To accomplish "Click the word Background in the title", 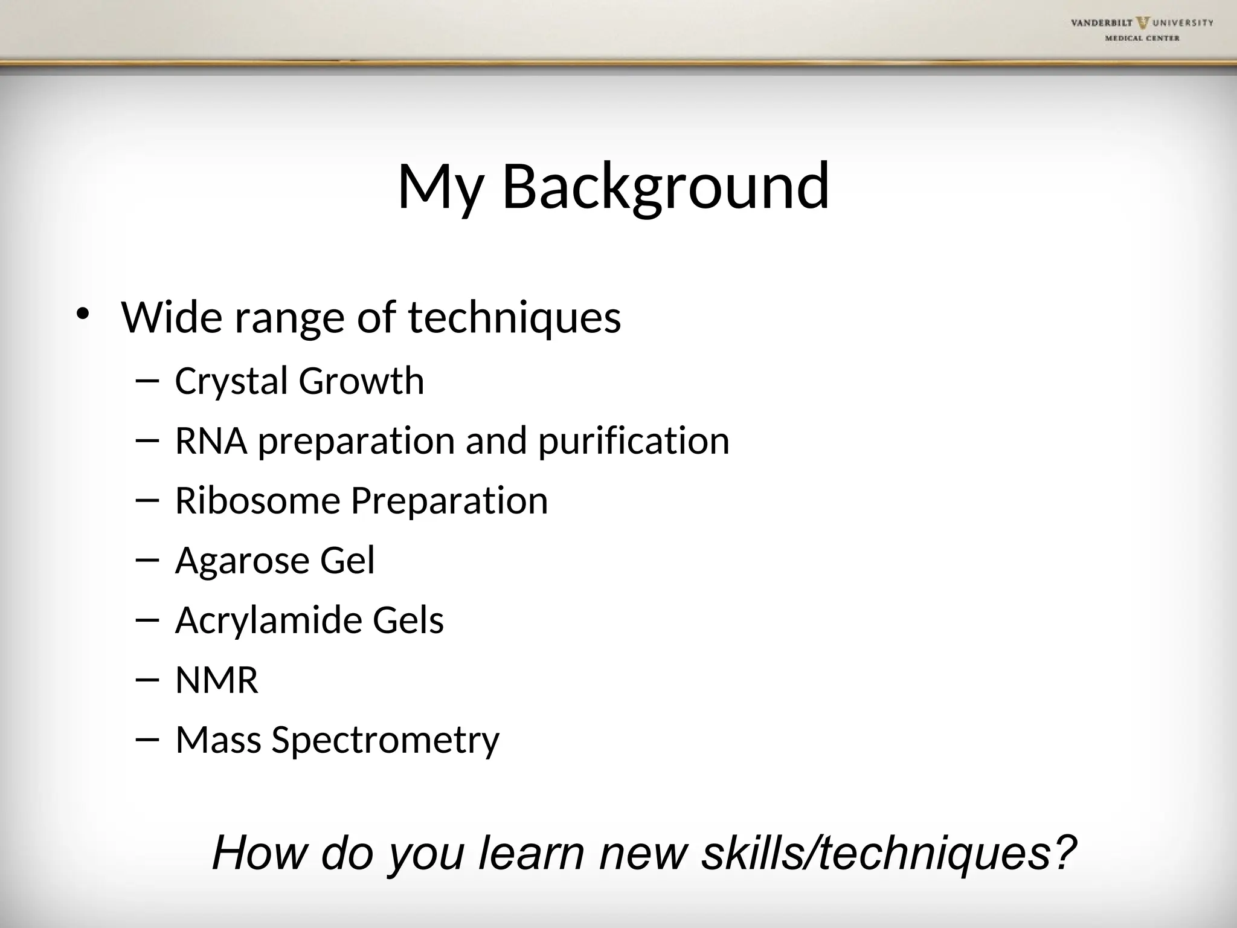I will (666, 187).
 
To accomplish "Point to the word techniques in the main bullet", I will (515, 318).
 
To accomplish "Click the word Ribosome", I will (257, 500).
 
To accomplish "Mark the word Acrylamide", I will (268, 621).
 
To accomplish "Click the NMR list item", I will (216, 680).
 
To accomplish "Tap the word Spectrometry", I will (385, 741).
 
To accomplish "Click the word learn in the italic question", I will (532, 853).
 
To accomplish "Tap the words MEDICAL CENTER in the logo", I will (1142, 38).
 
